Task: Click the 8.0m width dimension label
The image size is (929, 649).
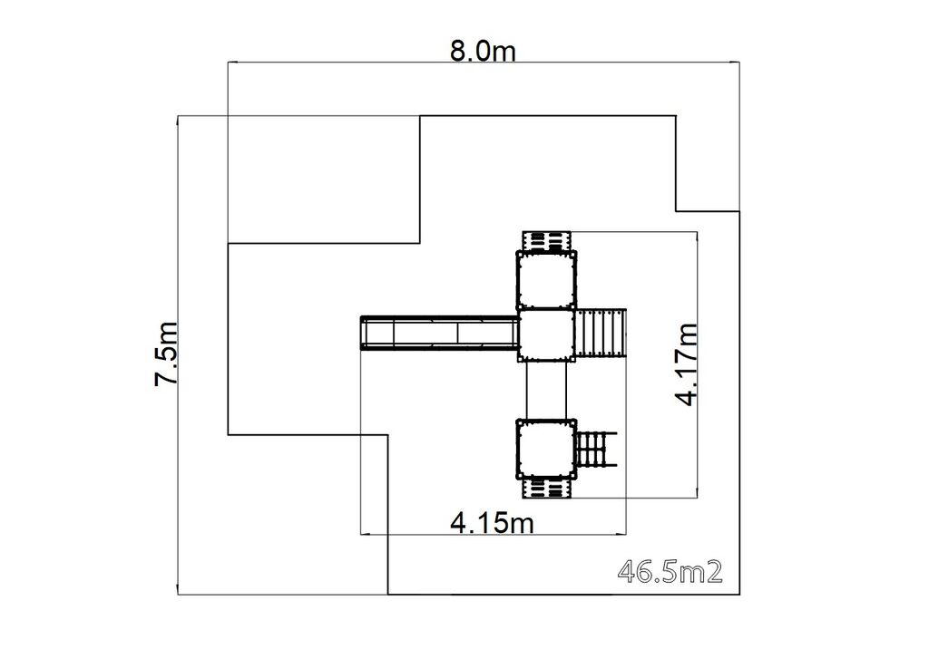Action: pyautogui.click(x=483, y=52)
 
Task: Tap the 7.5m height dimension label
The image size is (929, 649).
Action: pyautogui.click(x=166, y=354)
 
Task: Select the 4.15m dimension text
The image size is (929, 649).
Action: pyautogui.click(x=493, y=523)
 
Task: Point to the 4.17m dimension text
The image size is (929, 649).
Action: pyautogui.click(x=688, y=364)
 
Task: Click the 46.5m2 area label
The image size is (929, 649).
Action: pyautogui.click(x=670, y=572)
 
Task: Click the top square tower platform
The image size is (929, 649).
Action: pyautogui.click(x=547, y=279)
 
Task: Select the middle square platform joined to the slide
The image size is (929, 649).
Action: pyautogui.click(x=547, y=334)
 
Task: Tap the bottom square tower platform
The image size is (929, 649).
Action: pyautogui.click(x=547, y=449)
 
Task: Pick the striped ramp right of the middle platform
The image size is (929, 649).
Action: pyautogui.click(x=601, y=334)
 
